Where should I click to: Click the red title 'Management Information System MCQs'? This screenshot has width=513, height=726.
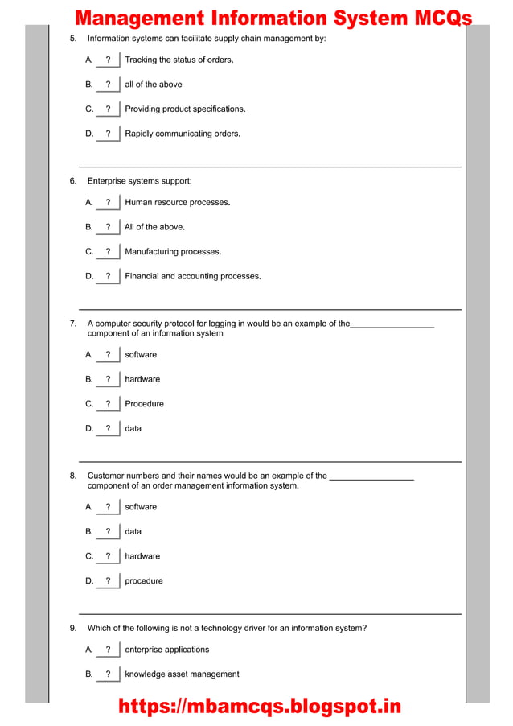click(x=273, y=19)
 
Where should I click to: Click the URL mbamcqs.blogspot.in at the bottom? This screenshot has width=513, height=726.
click(x=259, y=707)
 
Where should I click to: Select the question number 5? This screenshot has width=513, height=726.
click(x=73, y=39)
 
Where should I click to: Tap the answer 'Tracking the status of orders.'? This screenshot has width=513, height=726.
click(x=179, y=60)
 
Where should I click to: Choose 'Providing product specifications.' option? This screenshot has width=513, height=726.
click(x=185, y=109)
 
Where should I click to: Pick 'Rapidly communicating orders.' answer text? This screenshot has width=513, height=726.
click(x=183, y=134)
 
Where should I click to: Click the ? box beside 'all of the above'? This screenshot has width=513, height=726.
click(x=108, y=85)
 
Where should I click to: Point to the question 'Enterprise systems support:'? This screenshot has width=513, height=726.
click(x=139, y=181)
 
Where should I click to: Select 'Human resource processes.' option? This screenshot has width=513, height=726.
click(x=177, y=202)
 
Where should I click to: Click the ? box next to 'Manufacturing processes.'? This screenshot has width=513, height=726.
click(x=108, y=252)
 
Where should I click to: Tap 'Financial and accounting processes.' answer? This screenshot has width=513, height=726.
click(x=192, y=276)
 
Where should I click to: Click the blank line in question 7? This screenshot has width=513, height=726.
click(x=392, y=325)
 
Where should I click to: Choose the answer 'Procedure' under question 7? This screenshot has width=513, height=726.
click(x=144, y=404)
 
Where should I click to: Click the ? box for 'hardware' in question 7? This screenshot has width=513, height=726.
click(x=108, y=379)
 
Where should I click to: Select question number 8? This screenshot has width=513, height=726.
click(x=73, y=476)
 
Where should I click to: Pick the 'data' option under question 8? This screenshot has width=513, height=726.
click(x=133, y=531)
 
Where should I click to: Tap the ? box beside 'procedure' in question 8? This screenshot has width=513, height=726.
click(x=108, y=581)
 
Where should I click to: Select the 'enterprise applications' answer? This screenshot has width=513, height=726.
click(x=166, y=650)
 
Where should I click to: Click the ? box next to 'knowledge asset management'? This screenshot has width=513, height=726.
click(x=108, y=674)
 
